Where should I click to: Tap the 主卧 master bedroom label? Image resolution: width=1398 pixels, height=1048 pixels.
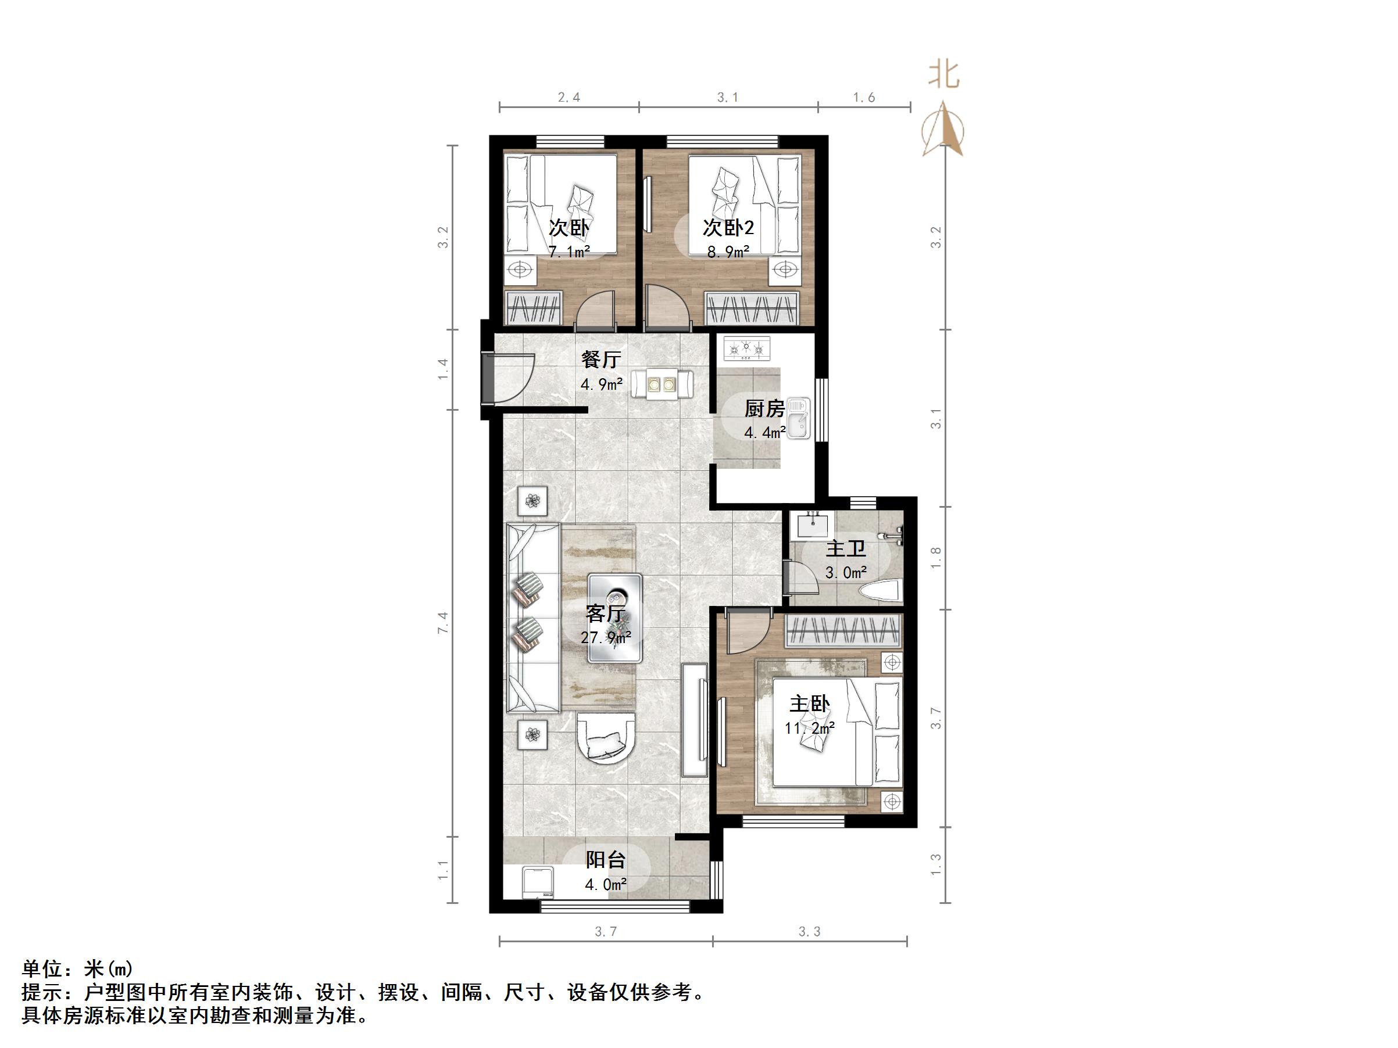809,704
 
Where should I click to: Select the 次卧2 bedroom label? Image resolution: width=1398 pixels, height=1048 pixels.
729,227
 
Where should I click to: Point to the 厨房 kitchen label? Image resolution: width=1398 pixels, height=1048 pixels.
764,409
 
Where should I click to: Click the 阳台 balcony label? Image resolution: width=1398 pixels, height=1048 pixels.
606,859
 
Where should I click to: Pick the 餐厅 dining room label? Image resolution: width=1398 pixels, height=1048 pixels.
601,359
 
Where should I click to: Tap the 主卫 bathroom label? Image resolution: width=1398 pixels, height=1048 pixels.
846,548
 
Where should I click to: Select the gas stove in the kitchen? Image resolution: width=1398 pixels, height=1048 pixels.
747,348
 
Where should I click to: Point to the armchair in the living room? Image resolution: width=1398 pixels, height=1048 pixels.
606,738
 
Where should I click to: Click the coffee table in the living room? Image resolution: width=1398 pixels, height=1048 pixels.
614,618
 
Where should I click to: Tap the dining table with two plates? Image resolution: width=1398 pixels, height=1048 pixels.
662,384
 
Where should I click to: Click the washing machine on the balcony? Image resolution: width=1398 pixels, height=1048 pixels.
538,882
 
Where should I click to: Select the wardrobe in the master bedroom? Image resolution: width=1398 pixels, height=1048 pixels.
843,630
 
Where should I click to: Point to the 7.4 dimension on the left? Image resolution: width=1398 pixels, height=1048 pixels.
443,622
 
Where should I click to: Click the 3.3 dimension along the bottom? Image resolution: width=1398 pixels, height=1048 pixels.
810,932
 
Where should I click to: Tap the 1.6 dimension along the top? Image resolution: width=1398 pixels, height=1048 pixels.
864,97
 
